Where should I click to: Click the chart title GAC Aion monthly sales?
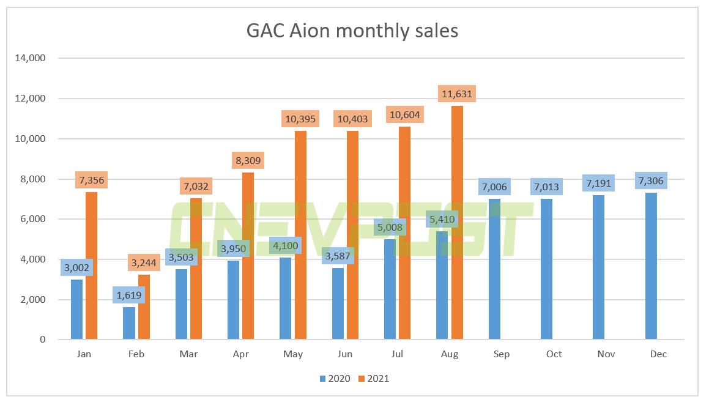[352, 31]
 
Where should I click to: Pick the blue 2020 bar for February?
[128, 323]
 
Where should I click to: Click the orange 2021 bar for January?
[91, 266]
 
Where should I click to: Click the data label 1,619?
[128, 295]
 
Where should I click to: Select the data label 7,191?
[599, 183]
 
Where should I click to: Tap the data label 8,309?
[248, 161]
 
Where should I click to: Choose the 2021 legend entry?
[373, 379]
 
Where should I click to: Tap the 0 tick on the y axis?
[43, 340]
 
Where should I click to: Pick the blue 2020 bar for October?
[547, 269]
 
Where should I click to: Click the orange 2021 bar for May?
[300, 235]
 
